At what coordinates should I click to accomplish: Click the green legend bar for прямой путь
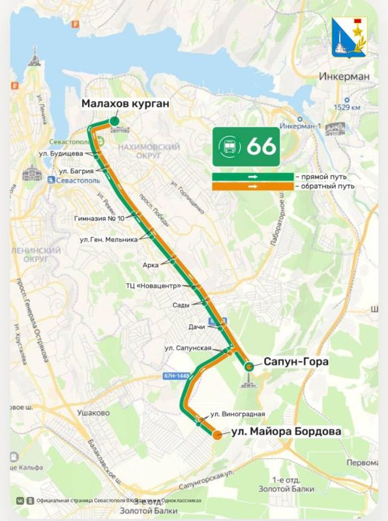252,176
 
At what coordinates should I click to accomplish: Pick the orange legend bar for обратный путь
252,186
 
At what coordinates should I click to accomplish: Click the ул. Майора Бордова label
286,431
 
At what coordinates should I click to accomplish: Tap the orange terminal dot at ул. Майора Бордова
216,435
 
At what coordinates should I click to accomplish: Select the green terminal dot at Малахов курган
114,120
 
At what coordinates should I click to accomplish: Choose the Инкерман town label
344,76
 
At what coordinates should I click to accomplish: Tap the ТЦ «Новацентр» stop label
153,285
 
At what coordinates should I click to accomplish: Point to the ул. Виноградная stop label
237,414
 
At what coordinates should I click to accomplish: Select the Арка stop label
151,264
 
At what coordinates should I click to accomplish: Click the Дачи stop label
196,326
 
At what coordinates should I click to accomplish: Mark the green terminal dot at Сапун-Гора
248,367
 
